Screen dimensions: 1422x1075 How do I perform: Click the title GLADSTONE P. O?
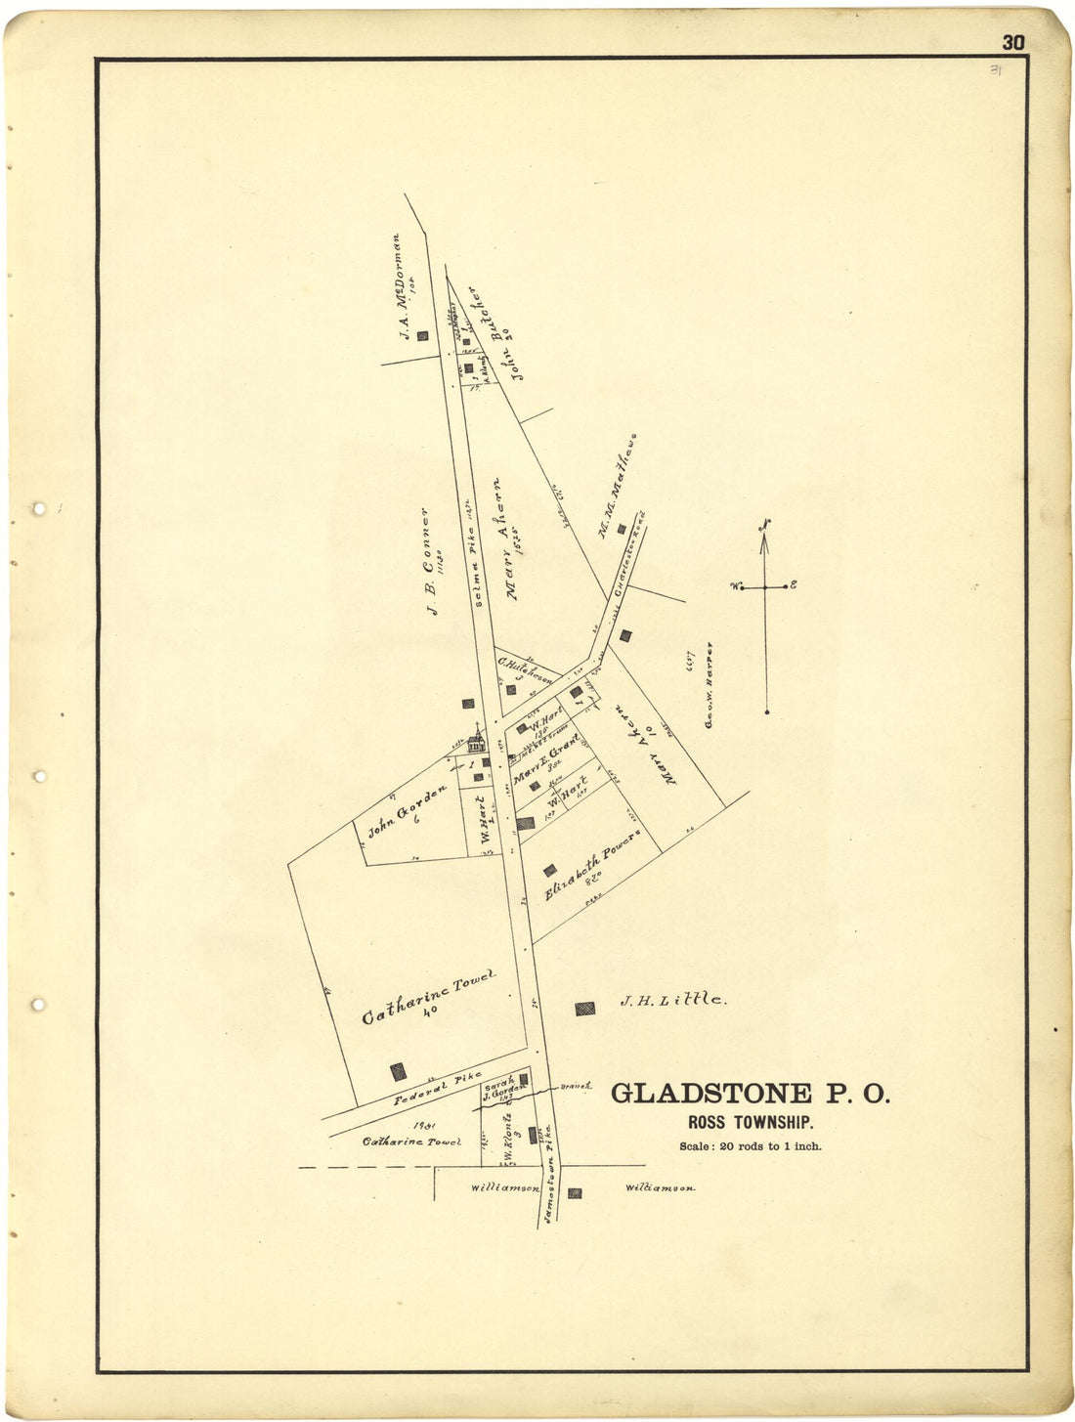751,1094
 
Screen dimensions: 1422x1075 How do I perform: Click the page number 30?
1012,42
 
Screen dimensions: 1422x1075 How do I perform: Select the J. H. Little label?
670,1000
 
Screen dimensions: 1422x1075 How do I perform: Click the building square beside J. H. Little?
584,1008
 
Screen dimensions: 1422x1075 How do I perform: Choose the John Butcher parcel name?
494,332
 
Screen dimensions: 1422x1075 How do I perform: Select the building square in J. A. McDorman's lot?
422,336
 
